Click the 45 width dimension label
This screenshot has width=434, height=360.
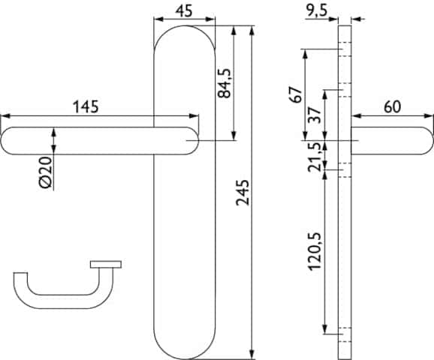184,11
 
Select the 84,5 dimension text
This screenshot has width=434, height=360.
224,83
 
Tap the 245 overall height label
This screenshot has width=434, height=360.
243,193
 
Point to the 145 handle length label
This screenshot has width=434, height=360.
86,107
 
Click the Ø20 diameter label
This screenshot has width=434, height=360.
46,172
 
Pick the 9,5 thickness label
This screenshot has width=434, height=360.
317,11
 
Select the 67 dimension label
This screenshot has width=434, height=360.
295,94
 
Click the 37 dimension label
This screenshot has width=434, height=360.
315,115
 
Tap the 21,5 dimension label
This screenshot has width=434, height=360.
315,157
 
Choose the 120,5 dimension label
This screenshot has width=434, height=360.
315,251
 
